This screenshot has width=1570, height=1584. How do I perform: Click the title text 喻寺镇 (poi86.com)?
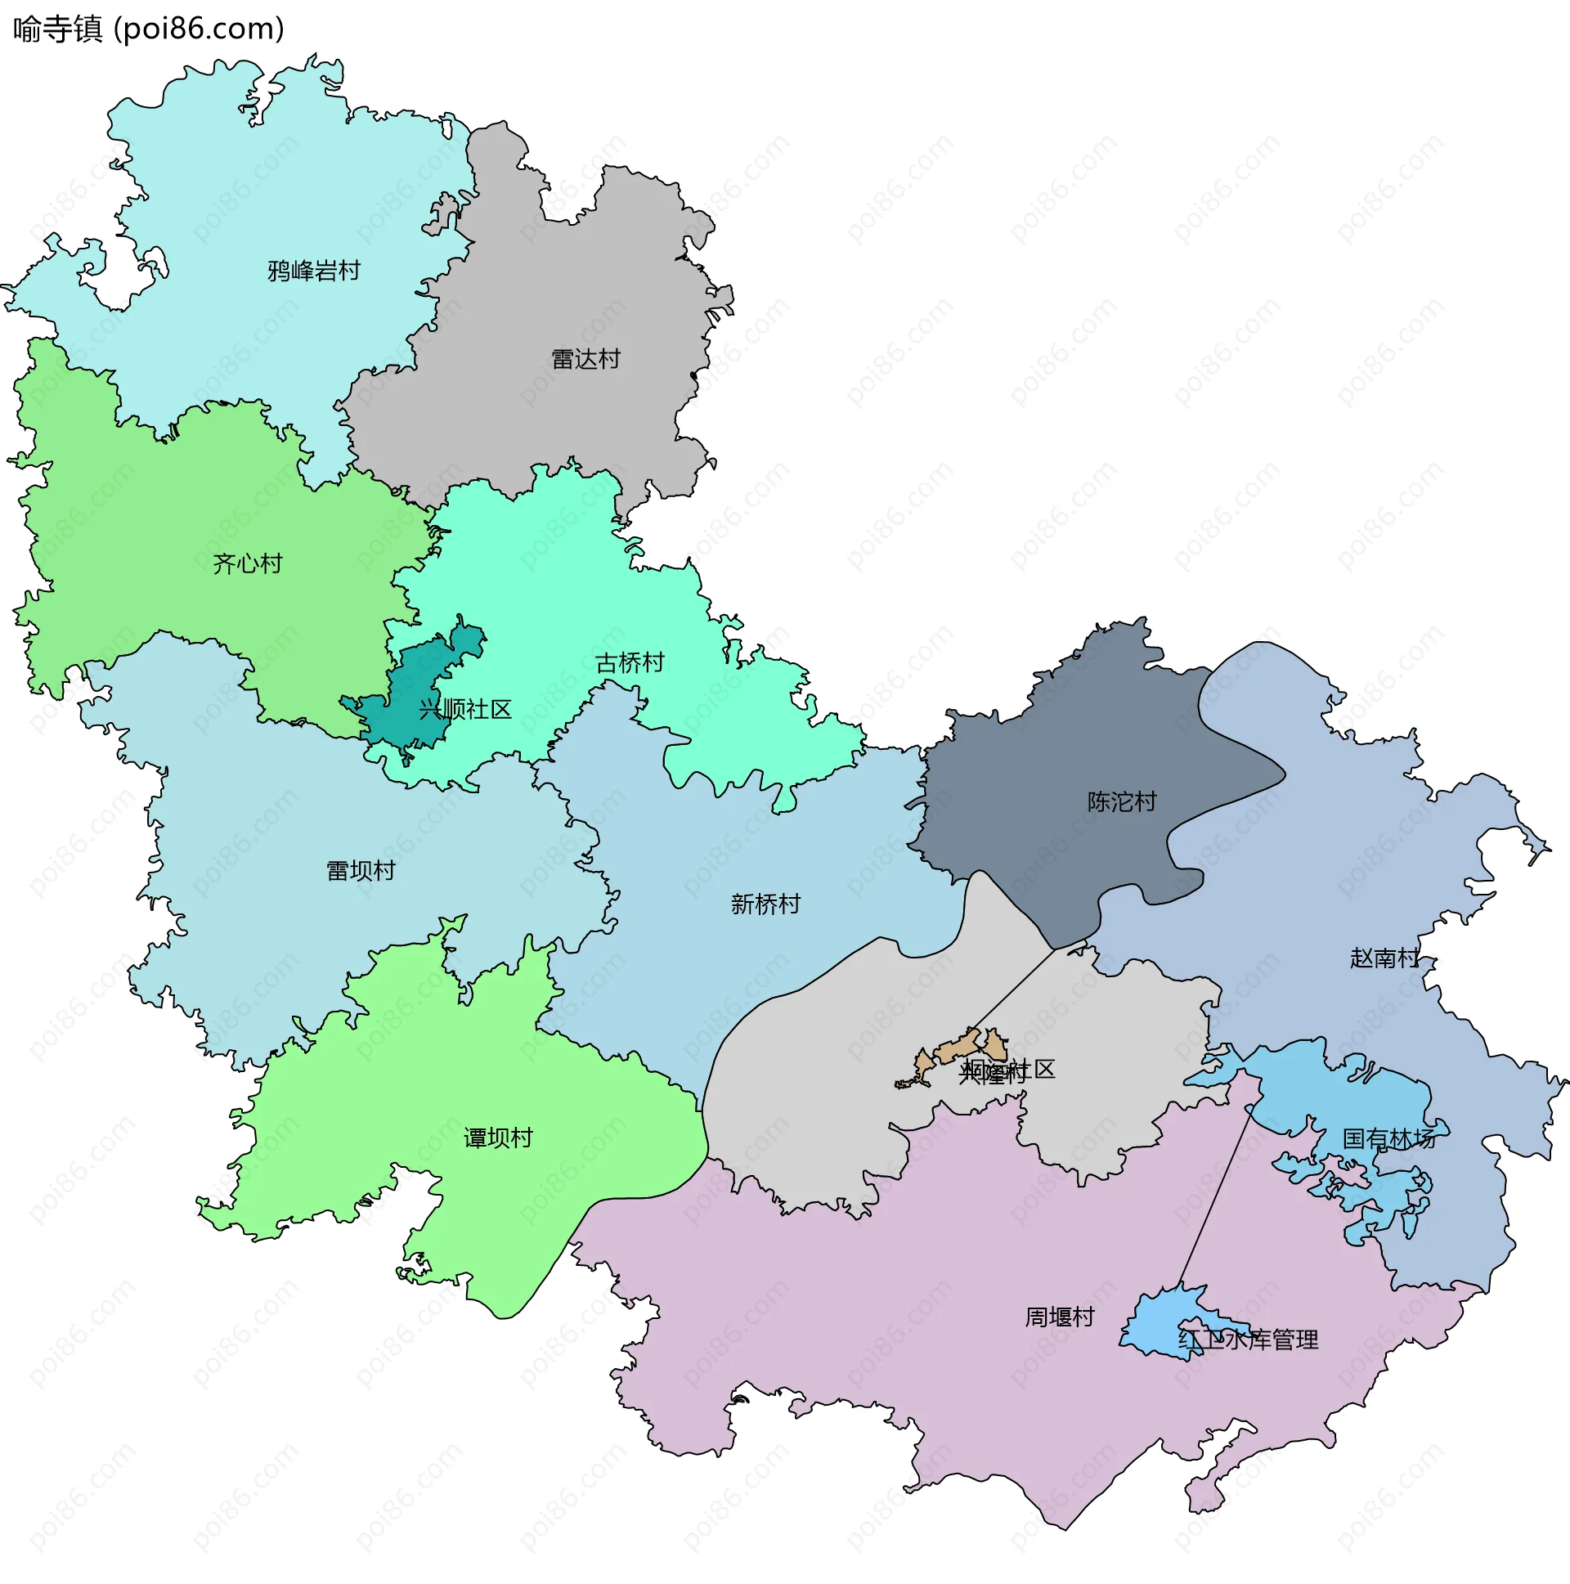click(148, 29)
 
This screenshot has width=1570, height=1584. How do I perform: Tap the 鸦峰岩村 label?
click(313, 271)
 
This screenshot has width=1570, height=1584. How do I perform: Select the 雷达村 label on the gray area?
click(585, 359)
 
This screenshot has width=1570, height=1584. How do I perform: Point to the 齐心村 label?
click(247, 563)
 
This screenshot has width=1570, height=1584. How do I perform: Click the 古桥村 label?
click(630, 662)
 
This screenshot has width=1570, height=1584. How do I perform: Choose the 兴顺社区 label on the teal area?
click(464, 709)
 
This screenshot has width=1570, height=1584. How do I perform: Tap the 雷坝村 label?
click(361, 870)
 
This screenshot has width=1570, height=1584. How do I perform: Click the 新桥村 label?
click(765, 904)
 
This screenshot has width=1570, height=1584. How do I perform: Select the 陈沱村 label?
click(1122, 801)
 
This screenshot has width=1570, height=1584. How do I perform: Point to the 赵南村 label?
click(1384, 957)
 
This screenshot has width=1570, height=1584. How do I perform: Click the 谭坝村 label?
click(498, 1138)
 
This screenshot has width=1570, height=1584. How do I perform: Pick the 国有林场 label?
click(1388, 1138)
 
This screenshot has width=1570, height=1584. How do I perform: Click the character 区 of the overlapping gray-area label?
click(1044, 1069)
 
